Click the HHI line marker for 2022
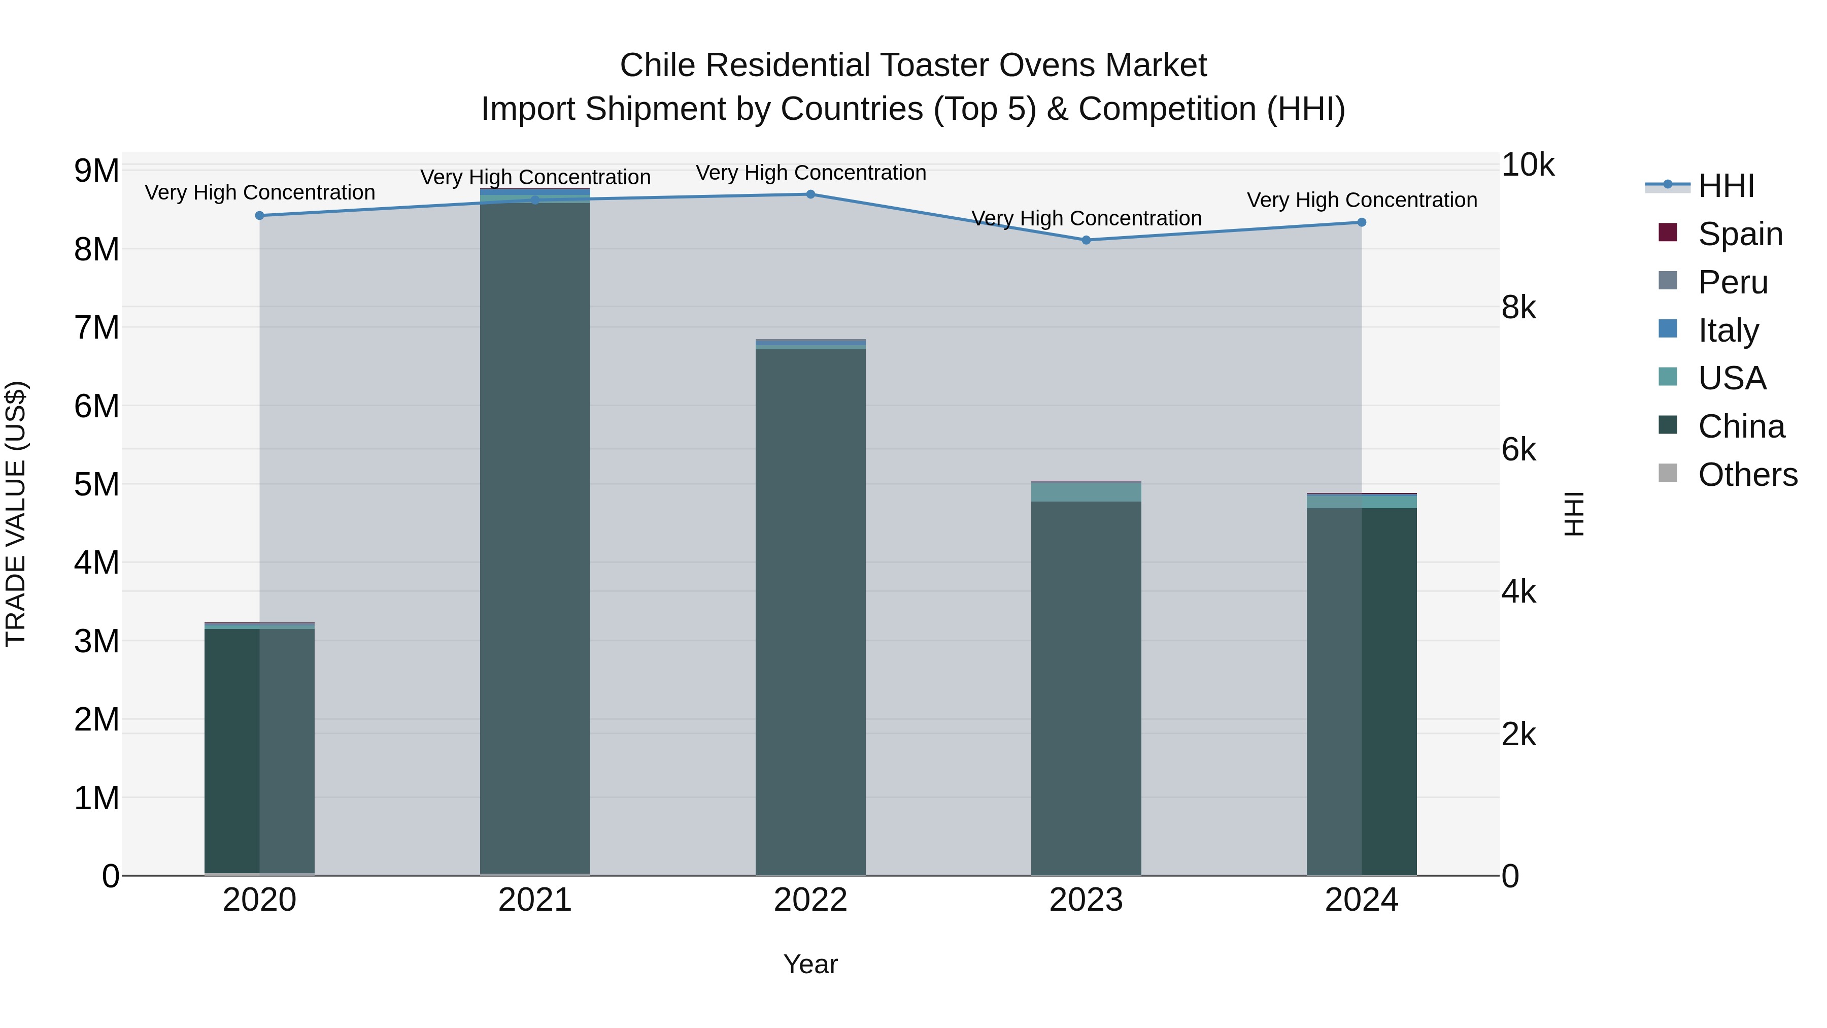(810, 194)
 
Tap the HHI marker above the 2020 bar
(259, 216)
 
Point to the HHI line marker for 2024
(1362, 222)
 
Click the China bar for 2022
(810, 610)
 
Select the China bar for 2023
(1086, 688)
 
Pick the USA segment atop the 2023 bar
(1086, 491)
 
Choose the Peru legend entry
(1733, 282)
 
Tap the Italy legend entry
(1729, 330)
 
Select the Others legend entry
(1747, 475)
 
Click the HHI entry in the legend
(1725, 186)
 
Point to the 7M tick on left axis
(96, 328)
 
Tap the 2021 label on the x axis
(535, 900)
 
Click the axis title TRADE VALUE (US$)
(16, 514)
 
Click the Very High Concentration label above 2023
(1086, 218)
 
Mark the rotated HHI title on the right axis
(1573, 514)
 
